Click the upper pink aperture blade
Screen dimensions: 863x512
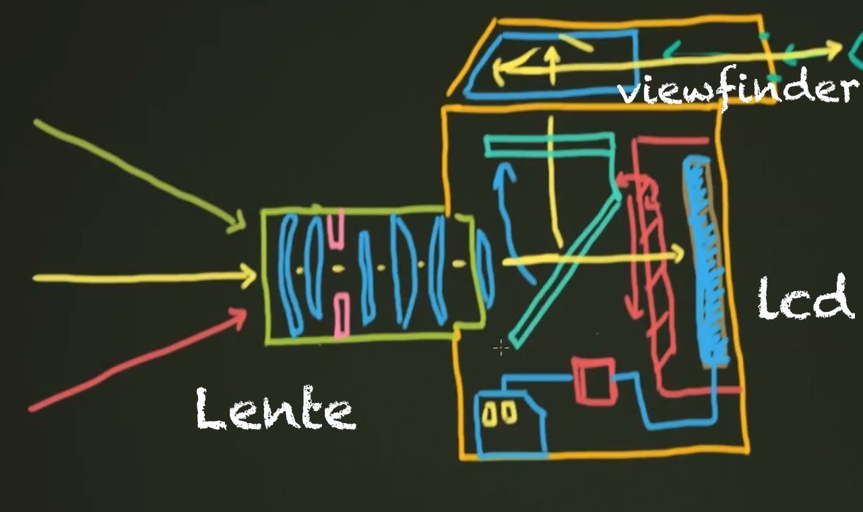(x=336, y=229)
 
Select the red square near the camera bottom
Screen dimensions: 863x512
(x=594, y=381)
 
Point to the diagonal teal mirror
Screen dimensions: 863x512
(x=566, y=269)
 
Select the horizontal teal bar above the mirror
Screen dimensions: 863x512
(x=549, y=144)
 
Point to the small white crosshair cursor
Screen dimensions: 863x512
(x=501, y=348)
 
